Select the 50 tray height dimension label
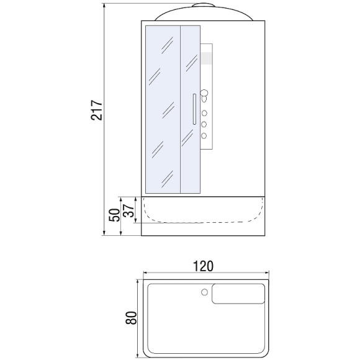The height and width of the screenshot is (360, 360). coord(114,216)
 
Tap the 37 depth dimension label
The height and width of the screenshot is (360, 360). coord(129,212)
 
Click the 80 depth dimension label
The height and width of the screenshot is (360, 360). coord(130,320)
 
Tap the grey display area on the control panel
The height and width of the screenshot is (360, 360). coord(207,58)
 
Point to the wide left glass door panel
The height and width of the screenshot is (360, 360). coord(162,109)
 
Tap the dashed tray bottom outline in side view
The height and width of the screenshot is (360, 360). coord(204,220)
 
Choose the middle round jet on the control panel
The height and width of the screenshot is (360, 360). coord(203,125)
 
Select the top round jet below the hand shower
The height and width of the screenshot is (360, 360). coord(203,114)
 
